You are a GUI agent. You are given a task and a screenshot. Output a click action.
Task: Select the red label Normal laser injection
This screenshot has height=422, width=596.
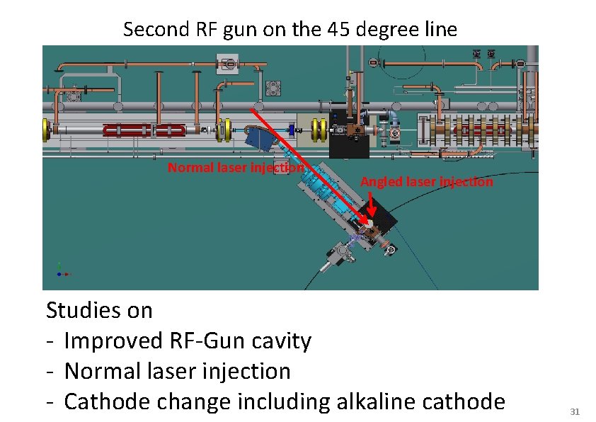coord(236,168)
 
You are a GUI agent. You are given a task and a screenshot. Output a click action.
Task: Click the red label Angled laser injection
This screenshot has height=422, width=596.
coord(427,182)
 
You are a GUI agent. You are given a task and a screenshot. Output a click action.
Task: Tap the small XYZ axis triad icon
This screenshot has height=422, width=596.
coord(62,270)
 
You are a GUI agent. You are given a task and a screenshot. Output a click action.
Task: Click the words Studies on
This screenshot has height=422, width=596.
coord(99,310)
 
